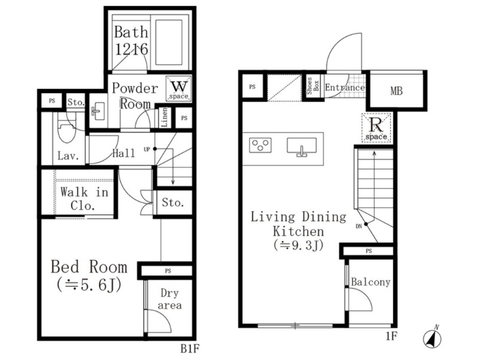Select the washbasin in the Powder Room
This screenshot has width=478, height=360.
point(98,111)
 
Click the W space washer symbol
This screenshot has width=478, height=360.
point(179,88)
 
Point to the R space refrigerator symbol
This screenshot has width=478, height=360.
point(376,128)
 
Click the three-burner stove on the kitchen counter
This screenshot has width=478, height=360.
point(261,145)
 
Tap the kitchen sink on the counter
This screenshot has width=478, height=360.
point(302,146)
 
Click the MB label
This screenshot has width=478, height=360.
point(396,91)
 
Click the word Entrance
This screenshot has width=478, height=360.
point(345,88)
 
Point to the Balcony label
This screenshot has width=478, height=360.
point(370,282)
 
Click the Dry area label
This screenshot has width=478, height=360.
point(170,299)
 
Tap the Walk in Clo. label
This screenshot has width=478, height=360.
point(84,199)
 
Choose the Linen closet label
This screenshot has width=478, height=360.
point(164,117)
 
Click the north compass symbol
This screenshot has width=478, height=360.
point(433,337)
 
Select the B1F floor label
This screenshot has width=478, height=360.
point(189,349)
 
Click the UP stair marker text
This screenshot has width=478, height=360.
point(147,149)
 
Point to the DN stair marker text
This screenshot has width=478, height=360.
point(358,226)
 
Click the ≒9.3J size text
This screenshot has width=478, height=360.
point(298,245)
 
